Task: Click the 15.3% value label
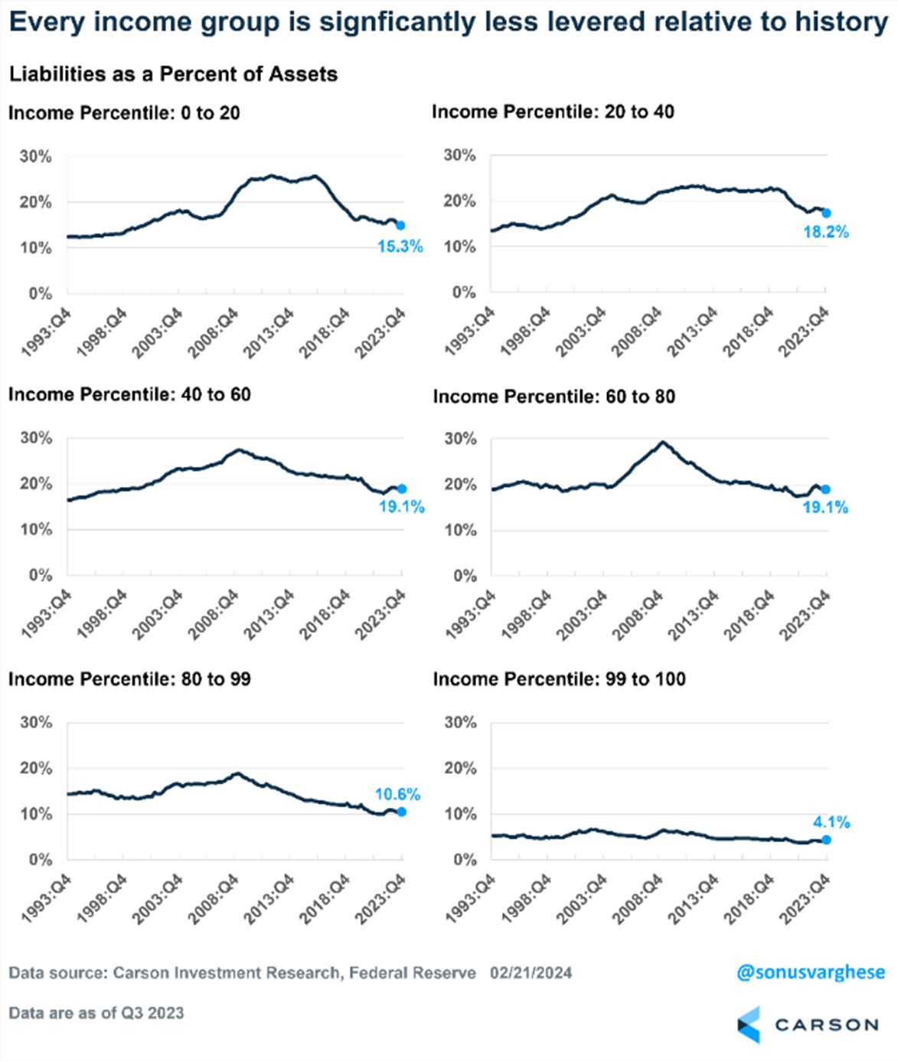click(400, 247)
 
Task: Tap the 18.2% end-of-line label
click(825, 232)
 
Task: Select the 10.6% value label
click(397, 795)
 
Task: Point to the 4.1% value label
click(831, 822)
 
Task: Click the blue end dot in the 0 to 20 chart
click(400, 225)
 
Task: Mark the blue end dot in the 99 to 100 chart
click(826, 840)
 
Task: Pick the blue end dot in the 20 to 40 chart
click(826, 213)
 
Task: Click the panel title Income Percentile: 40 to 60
click(129, 394)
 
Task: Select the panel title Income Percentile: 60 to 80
click(554, 397)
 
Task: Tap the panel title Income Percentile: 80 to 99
click(129, 679)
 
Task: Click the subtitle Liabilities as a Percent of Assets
click(173, 74)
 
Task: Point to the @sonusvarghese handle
click(810, 972)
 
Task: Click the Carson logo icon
click(749, 1024)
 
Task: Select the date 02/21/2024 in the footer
click(531, 973)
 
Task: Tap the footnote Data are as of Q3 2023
click(96, 1013)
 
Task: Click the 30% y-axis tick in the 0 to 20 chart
click(35, 157)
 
